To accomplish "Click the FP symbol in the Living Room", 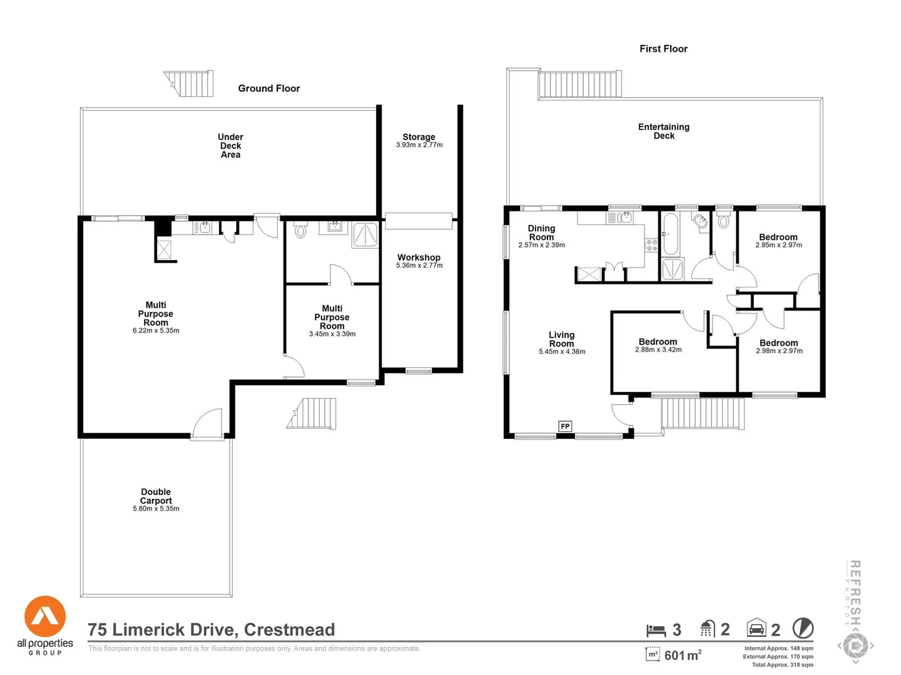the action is point(565,426).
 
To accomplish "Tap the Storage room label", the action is point(419,137).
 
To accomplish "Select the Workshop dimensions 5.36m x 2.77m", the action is point(419,265).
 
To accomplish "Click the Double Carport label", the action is point(156,496).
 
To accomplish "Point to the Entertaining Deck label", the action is point(664,131).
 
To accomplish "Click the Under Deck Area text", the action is point(230,146).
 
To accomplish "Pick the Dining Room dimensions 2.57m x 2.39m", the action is point(541,245).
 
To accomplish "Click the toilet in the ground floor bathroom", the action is point(300,231).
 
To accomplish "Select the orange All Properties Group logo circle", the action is point(45,616).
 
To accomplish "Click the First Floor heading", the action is point(663,49).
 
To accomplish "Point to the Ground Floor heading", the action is point(269,88).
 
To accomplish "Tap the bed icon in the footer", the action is point(656,630).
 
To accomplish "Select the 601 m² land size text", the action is point(683,655).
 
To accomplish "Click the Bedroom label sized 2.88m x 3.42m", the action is point(658,342).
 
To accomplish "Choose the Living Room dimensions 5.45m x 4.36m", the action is point(562,351).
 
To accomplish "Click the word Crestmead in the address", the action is point(290,629).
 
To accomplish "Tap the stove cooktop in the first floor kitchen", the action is point(651,246).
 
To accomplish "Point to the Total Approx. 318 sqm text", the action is point(782,665).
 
